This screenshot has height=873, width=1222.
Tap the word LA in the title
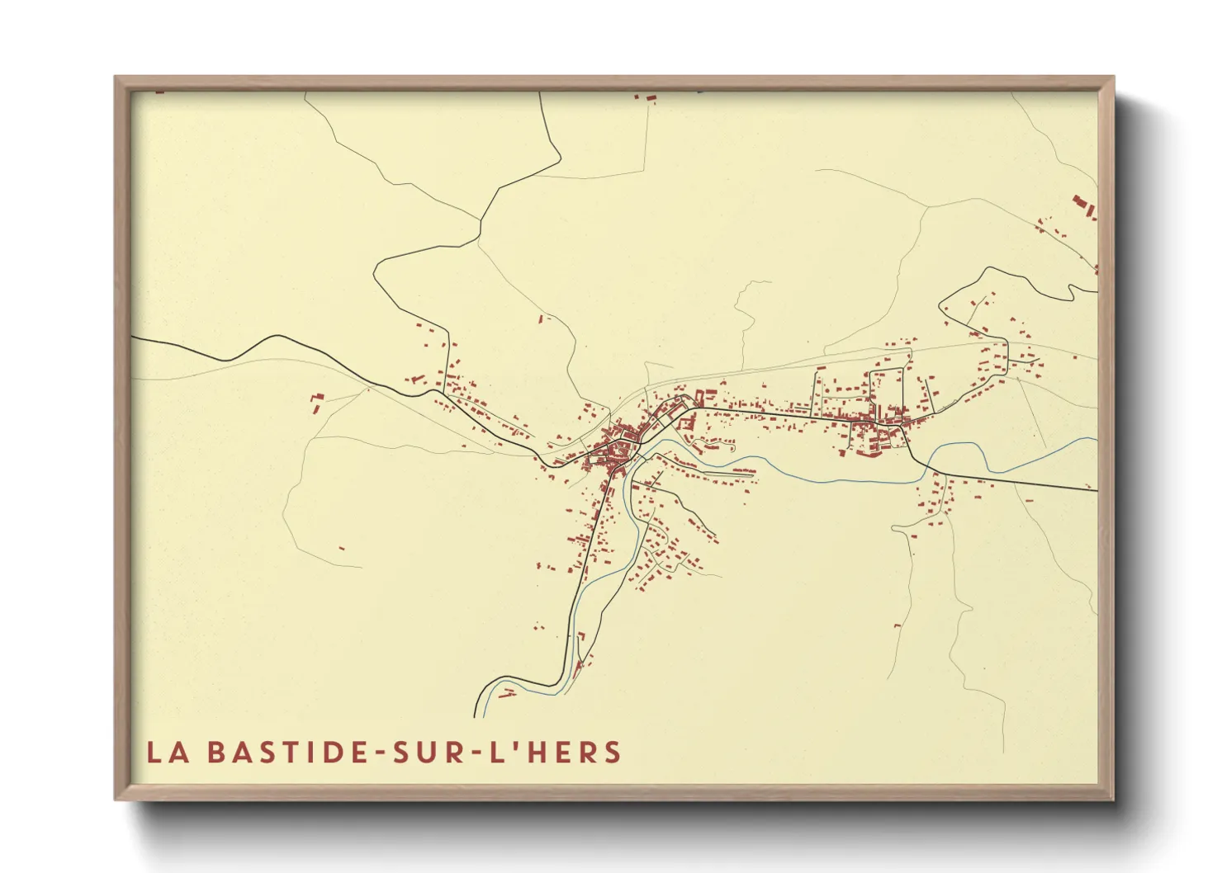(165, 753)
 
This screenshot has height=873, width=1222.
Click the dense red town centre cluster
(618, 450)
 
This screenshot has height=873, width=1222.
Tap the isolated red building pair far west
(316, 403)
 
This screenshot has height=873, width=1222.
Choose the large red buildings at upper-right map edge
(1084, 206)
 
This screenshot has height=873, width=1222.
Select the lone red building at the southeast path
(898, 626)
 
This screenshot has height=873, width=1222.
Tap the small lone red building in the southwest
(342, 548)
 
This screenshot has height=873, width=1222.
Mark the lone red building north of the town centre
(542, 318)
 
